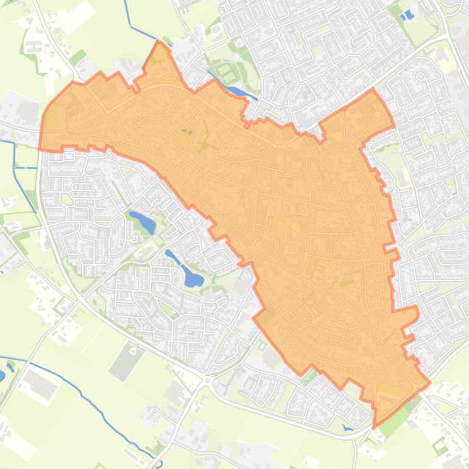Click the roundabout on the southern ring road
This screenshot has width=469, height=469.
point(207,380)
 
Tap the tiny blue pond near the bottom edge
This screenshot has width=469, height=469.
point(347,428)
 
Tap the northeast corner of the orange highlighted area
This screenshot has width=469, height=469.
point(373,91)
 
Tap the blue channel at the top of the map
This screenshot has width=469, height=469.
point(128,15)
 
